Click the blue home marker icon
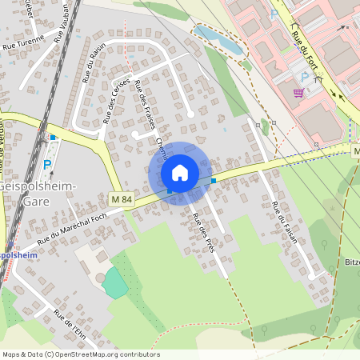tap(180, 172)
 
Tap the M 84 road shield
tap(120, 198)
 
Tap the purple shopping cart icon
tap(298, 93)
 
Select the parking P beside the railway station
tap(46, 165)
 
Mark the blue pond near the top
tap(217, 39)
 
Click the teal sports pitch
tap(114, 283)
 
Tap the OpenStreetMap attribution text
tap(81, 354)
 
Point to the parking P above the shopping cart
tap(303, 75)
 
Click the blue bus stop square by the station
tap(53, 138)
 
